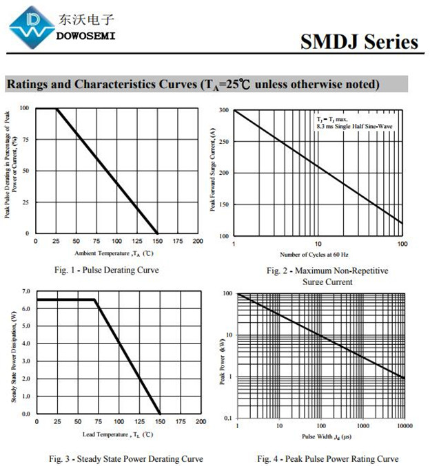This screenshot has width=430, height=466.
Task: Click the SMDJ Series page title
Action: (358, 42)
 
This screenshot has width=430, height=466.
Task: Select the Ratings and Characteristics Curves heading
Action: (193, 85)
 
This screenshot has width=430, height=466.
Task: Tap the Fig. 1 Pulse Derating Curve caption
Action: (106, 270)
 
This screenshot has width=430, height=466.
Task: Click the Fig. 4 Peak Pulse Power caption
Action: (327, 458)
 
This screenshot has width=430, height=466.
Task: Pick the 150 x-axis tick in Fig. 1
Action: (157, 242)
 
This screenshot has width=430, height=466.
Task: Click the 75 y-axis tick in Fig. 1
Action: (25, 140)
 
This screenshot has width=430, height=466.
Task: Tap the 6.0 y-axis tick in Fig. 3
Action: (25, 308)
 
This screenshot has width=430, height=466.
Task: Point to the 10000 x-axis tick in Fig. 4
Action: (404, 426)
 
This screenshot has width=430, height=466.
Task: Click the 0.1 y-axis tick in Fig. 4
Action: (228, 418)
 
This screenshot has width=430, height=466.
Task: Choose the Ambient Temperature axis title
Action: (109, 253)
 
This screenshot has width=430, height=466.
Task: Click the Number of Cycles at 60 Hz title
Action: (318, 254)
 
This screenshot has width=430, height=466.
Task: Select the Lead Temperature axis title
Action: (118, 434)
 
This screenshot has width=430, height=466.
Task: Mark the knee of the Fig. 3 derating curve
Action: (94, 300)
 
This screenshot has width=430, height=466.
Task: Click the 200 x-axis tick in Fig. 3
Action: (199, 421)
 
